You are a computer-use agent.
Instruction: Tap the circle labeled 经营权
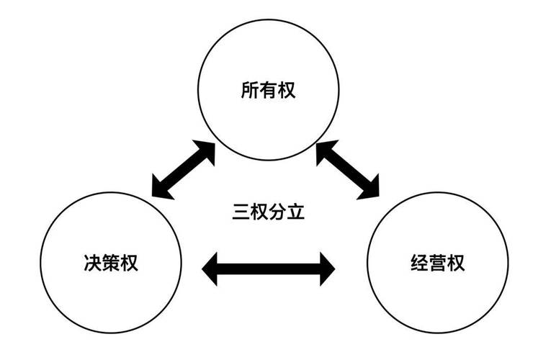click(x=431, y=263)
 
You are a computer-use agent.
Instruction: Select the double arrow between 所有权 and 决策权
click(x=184, y=169)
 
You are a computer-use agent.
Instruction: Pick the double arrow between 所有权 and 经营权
click(x=348, y=169)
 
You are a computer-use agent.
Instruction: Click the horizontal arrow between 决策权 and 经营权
click(x=268, y=269)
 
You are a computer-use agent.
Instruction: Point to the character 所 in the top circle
click(x=249, y=91)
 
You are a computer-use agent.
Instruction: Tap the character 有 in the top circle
click(x=268, y=91)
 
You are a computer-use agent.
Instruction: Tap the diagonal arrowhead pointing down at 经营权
click(x=368, y=188)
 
